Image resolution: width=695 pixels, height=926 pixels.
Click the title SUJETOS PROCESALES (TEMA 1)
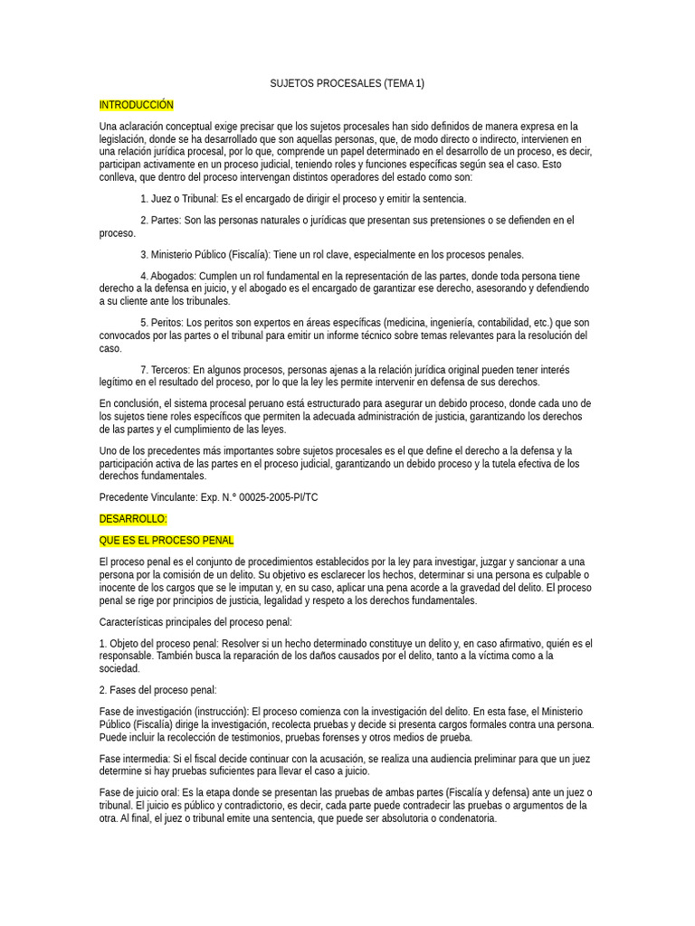click(x=347, y=84)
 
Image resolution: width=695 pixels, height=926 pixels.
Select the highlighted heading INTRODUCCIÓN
click(x=136, y=105)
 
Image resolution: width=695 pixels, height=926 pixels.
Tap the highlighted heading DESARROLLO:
click(x=133, y=519)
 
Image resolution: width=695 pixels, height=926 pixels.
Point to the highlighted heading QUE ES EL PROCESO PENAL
click(x=167, y=541)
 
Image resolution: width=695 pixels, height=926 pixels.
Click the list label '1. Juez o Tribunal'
click(x=183, y=199)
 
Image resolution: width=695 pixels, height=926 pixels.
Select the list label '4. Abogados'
click(x=169, y=276)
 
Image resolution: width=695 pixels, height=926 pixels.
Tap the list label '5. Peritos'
click(x=162, y=323)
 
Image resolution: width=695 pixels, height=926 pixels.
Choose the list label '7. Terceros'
click(x=166, y=370)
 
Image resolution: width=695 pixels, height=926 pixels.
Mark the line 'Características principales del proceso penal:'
click(x=195, y=622)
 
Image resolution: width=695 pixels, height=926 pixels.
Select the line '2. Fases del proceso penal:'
click(x=157, y=690)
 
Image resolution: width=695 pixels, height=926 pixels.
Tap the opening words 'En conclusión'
click(x=131, y=403)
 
